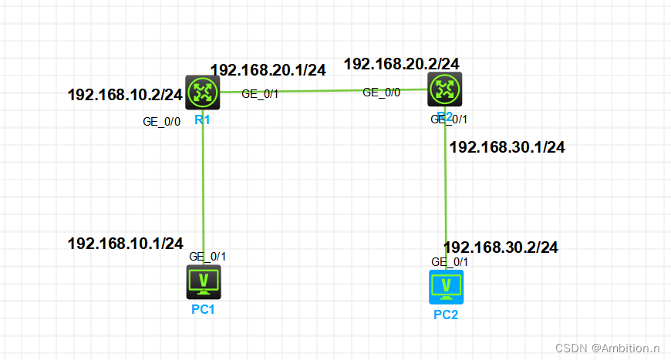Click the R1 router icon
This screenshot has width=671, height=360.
[x=203, y=93]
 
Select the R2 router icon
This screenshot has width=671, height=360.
[x=445, y=89]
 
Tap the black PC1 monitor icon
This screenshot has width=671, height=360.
[x=204, y=281]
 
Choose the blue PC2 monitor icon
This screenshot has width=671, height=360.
[x=446, y=288]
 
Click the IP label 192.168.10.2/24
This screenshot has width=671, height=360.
[x=125, y=95]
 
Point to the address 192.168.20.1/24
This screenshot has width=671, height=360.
[x=268, y=70]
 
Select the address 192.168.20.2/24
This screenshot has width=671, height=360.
[x=402, y=63]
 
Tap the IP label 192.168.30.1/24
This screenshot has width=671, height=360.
[x=507, y=147]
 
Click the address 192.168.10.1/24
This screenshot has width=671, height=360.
[x=125, y=244]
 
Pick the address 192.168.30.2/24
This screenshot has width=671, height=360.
[x=501, y=247]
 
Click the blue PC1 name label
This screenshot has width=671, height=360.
[x=204, y=310]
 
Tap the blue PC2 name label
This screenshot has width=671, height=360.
[x=446, y=315]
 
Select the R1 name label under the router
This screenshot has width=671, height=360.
[x=203, y=120]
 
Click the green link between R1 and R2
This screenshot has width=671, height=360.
[x=324, y=91]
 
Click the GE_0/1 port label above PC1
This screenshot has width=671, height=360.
[x=207, y=257]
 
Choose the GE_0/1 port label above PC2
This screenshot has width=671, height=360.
[x=450, y=262]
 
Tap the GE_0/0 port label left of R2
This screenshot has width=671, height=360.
[x=381, y=93]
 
